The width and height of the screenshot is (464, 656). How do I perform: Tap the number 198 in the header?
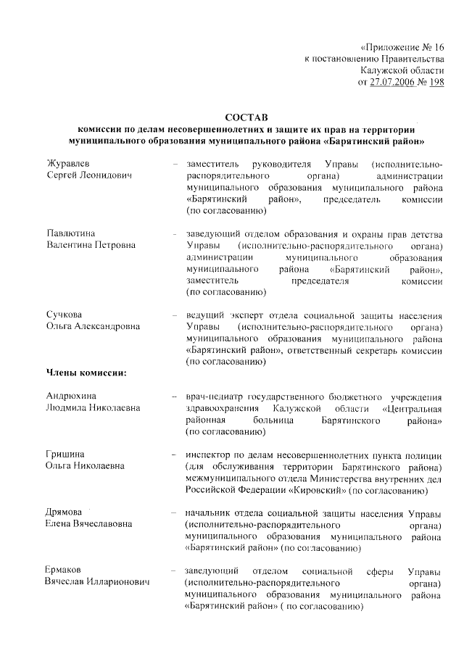point(436,83)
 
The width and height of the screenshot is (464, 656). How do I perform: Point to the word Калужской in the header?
point(384,70)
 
